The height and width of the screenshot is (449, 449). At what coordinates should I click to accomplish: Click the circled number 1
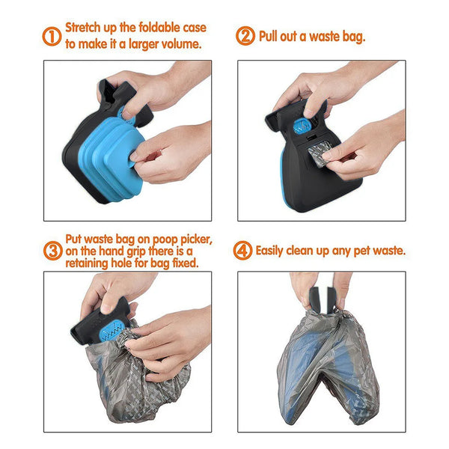point(52,37)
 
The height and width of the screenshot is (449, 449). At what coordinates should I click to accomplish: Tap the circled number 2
point(245,37)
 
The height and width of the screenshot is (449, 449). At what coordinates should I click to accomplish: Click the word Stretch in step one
point(85,28)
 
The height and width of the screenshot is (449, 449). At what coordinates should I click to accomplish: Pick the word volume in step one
point(179,44)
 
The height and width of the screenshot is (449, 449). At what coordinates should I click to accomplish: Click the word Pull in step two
point(271,36)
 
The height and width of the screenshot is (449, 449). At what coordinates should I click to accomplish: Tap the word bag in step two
point(349,36)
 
